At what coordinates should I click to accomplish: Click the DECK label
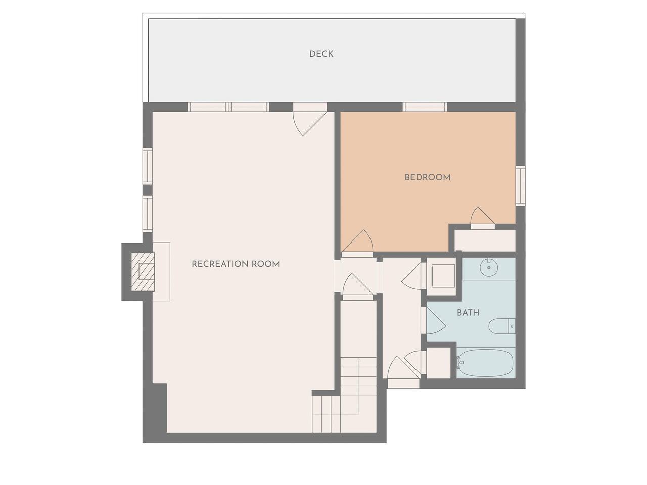pyautogui.click(x=321, y=54)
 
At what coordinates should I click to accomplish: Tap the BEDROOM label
pyautogui.click(x=428, y=177)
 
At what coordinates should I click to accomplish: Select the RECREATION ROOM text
pyautogui.click(x=236, y=264)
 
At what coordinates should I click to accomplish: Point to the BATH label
pyautogui.click(x=468, y=312)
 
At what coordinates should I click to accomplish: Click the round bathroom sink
pyautogui.click(x=489, y=267)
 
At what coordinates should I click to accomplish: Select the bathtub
pyautogui.click(x=486, y=363)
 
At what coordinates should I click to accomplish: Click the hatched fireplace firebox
pyautogui.click(x=143, y=271)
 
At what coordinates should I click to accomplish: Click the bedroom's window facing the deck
pyautogui.click(x=425, y=107)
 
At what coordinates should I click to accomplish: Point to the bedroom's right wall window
pyautogui.click(x=520, y=185)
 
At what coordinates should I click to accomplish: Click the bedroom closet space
pyautogui.click(x=485, y=240)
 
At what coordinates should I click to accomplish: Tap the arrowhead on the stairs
pyautogui.click(x=358, y=360)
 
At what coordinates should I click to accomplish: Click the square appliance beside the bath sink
pyautogui.click(x=443, y=276)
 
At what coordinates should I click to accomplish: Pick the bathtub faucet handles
pyautogui.click(x=458, y=363)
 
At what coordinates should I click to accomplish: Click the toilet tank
pyautogui.click(x=512, y=326)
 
